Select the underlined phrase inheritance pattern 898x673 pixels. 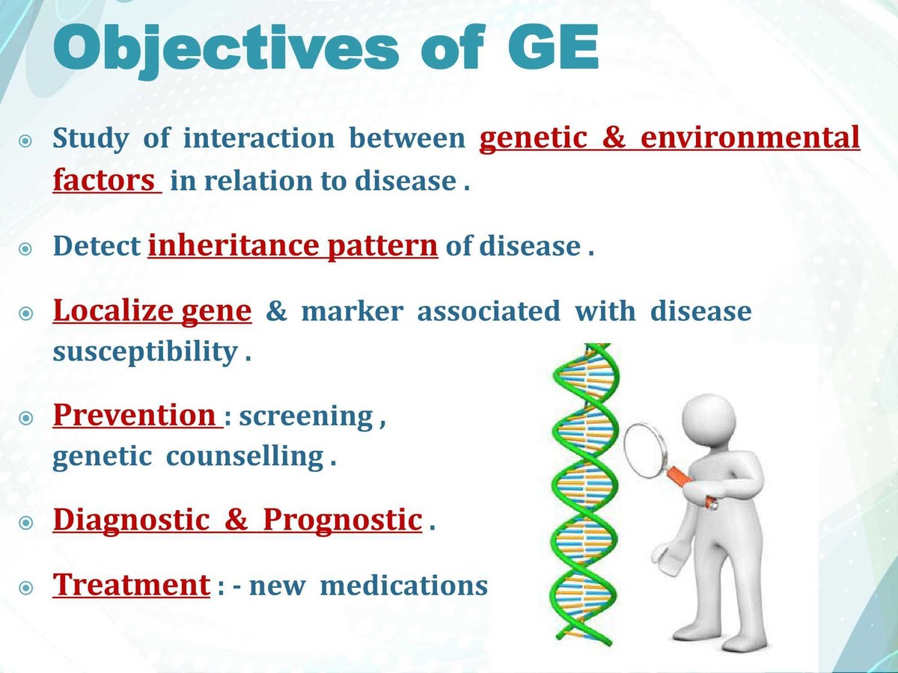(293, 246)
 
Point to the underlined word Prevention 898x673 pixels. (135, 415)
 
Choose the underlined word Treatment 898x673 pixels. (131, 585)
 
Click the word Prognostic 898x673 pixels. (342, 520)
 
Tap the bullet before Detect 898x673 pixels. (26, 248)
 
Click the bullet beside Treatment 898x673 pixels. (26, 588)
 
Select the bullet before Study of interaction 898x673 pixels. (26, 141)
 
